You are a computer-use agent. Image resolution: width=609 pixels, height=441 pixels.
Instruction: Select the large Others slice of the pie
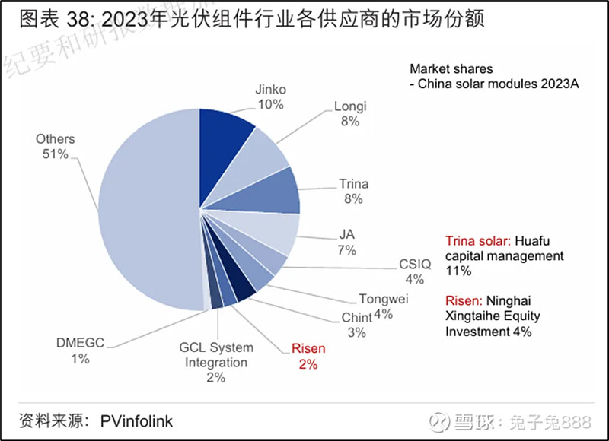pyautogui.click(x=145, y=209)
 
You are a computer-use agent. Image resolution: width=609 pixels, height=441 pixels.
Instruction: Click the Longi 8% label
pyautogui.click(x=350, y=113)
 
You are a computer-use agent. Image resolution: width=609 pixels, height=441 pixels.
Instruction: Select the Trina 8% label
pyautogui.click(x=353, y=191)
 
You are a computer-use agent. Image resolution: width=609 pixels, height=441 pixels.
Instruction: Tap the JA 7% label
pyautogui.click(x=347, y=242)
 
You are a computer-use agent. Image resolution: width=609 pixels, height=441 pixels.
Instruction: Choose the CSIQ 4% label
pyautogui.click(x=415, y=271)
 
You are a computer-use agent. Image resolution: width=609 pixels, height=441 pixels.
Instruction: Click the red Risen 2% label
pyautogui.click(x=308, y=356)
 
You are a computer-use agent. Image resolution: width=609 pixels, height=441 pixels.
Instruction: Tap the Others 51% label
pyautogui.click(x=56, y=146)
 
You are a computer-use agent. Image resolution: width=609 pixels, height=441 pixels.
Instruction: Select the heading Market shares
pyautogui.click(x=451, y=68)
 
